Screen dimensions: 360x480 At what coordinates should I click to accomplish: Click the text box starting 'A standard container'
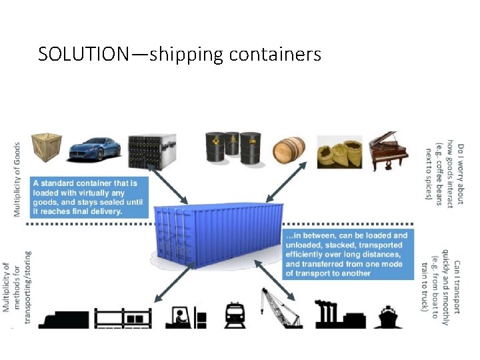point(89,196)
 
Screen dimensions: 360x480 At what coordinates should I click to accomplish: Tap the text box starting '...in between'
point(346,254)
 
